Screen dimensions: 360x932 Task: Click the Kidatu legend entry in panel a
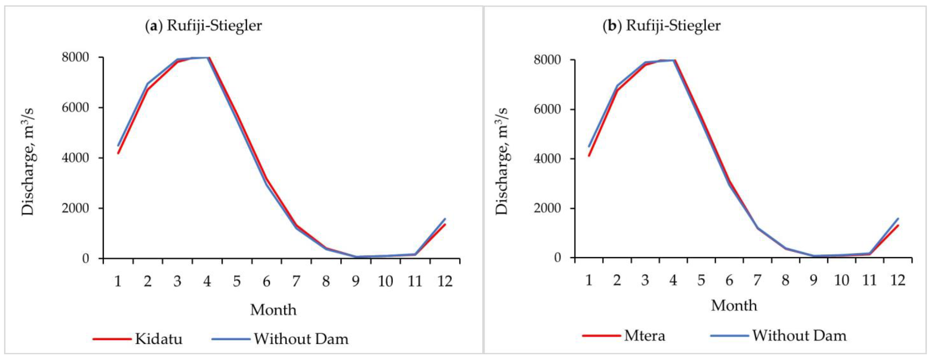[159, 339]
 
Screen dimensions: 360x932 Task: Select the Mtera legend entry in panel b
[644, 336]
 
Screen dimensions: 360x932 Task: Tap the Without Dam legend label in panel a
[301, 339]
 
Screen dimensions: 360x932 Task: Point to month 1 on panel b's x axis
[589, 280]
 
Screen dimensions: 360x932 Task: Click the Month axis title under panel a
[273, 310]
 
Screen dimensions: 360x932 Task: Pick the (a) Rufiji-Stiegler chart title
[203, 26]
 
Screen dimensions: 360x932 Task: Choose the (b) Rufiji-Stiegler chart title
[661, 26]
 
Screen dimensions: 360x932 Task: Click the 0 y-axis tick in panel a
[85, 258]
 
